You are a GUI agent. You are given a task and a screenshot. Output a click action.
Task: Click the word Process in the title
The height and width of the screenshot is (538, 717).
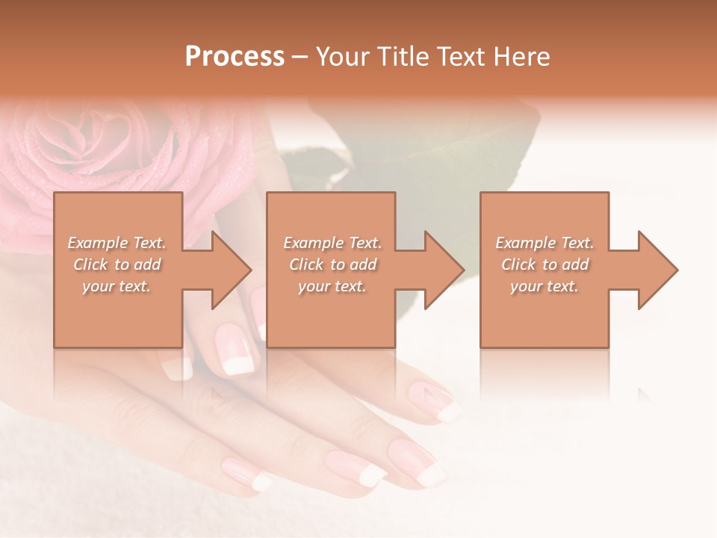point(235,56)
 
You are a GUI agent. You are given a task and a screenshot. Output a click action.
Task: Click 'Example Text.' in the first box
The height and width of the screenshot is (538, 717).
point(117,243)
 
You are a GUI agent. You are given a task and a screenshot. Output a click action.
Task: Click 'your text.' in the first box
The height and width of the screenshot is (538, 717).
point(117,286)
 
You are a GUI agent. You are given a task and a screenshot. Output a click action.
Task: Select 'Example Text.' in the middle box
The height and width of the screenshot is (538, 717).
point(332,243)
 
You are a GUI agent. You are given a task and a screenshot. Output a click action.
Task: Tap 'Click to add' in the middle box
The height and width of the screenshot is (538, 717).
point(332,265)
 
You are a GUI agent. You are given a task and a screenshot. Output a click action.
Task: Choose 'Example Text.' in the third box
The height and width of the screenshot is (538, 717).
point(544,243)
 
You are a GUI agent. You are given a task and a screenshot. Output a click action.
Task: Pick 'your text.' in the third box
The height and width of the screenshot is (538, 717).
point(544,286)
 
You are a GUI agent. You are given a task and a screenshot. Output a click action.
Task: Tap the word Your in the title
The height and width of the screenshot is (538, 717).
point(344,56)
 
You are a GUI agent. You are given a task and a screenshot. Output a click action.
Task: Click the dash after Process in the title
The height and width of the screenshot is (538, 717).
point(300,58)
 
